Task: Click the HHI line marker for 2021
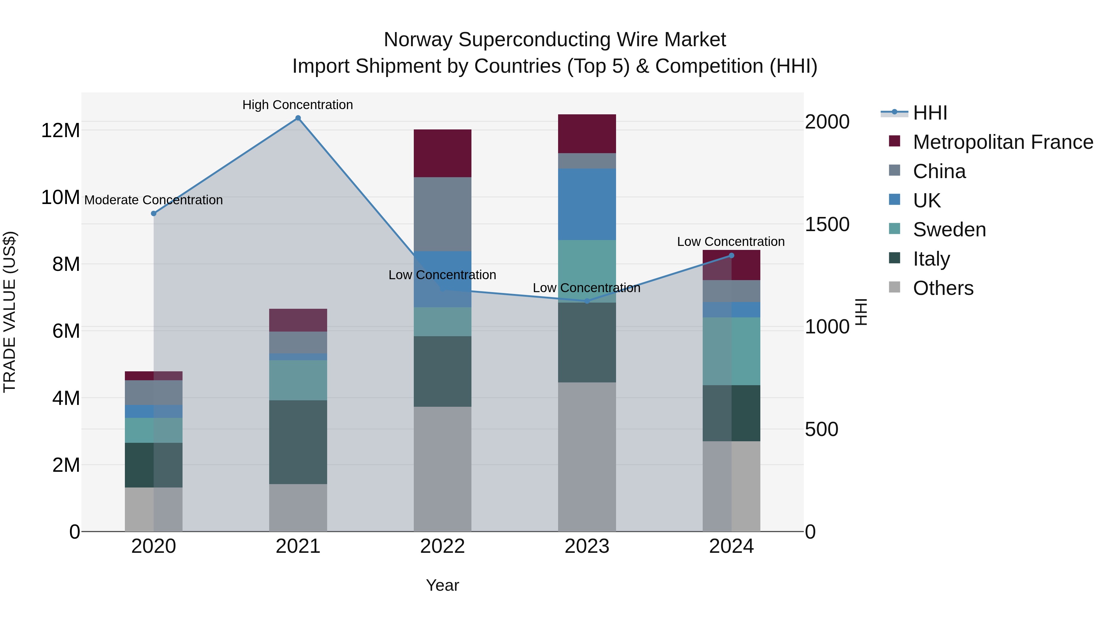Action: [x=298, y=118]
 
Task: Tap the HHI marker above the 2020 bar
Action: [x=154, y=214]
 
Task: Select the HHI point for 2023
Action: [x=587, y=301]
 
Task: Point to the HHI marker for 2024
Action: [x=731, y=256]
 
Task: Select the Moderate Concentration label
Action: [x=154, y=200]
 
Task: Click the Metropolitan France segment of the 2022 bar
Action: [x=442, y=153]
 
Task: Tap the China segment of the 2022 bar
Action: [x=442, y=214]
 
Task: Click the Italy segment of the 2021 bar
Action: [x=298, y=442]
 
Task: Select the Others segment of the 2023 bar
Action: [x=587, y=456]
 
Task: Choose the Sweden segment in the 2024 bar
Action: [x=731, y=351]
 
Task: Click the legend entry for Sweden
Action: [x=949, y=230]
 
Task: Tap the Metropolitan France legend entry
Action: [x=1003, y=142]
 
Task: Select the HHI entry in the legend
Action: [x=930, y=113]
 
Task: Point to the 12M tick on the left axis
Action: [x=60, y=130]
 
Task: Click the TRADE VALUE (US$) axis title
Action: [x=10, y=312]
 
